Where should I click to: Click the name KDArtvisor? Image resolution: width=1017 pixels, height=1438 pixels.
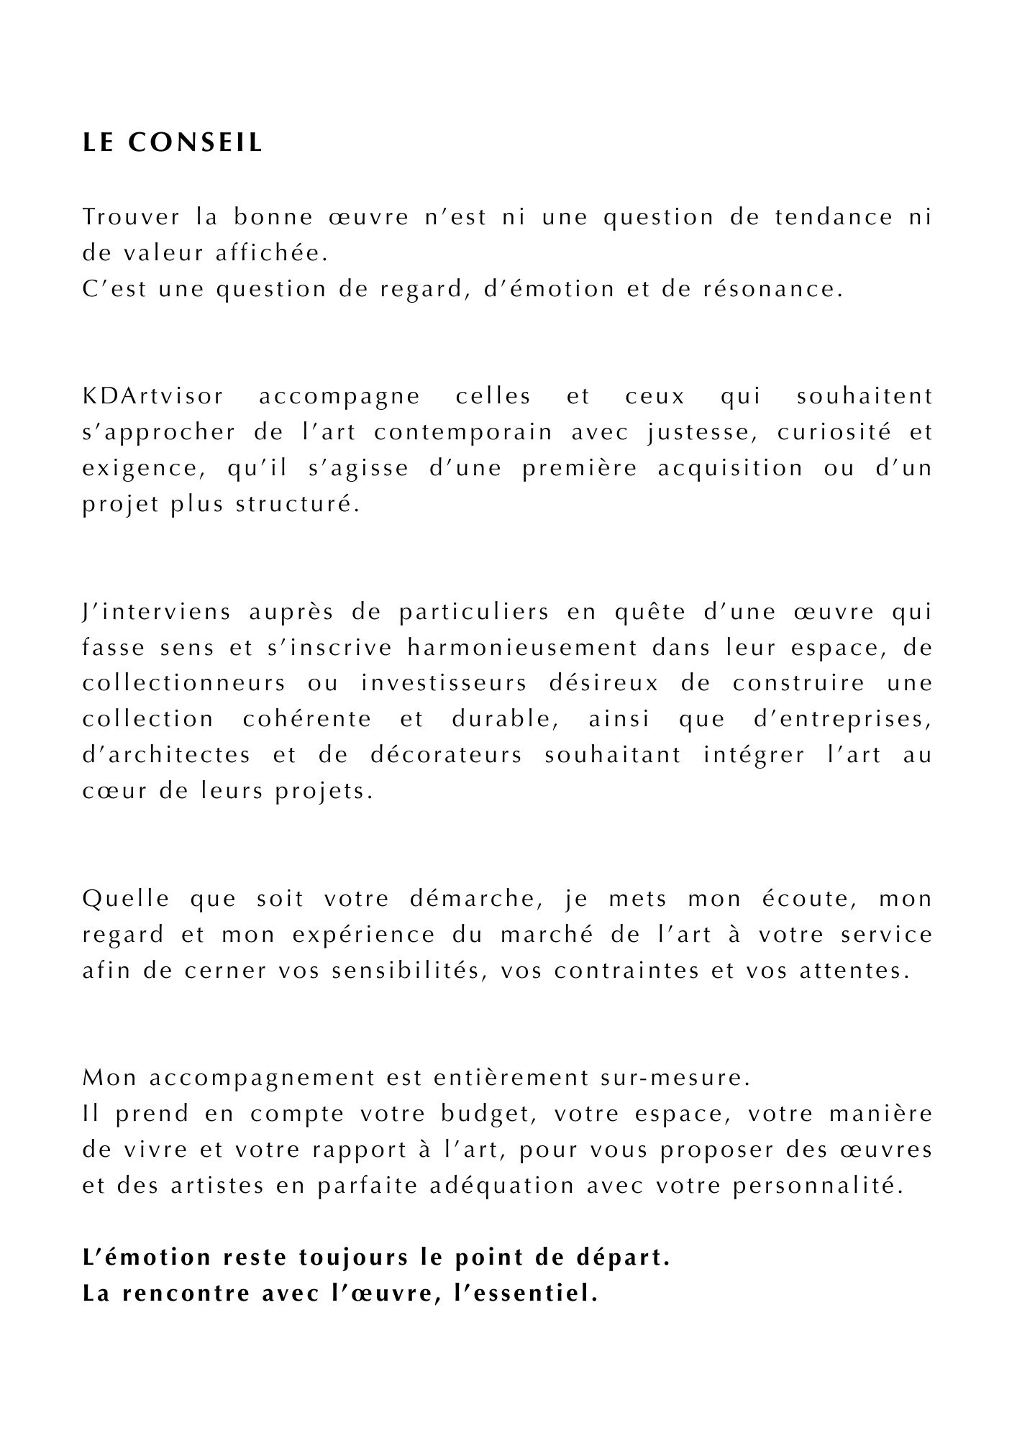coord(153,396)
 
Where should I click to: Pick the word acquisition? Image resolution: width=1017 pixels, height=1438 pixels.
coord(730,468)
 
